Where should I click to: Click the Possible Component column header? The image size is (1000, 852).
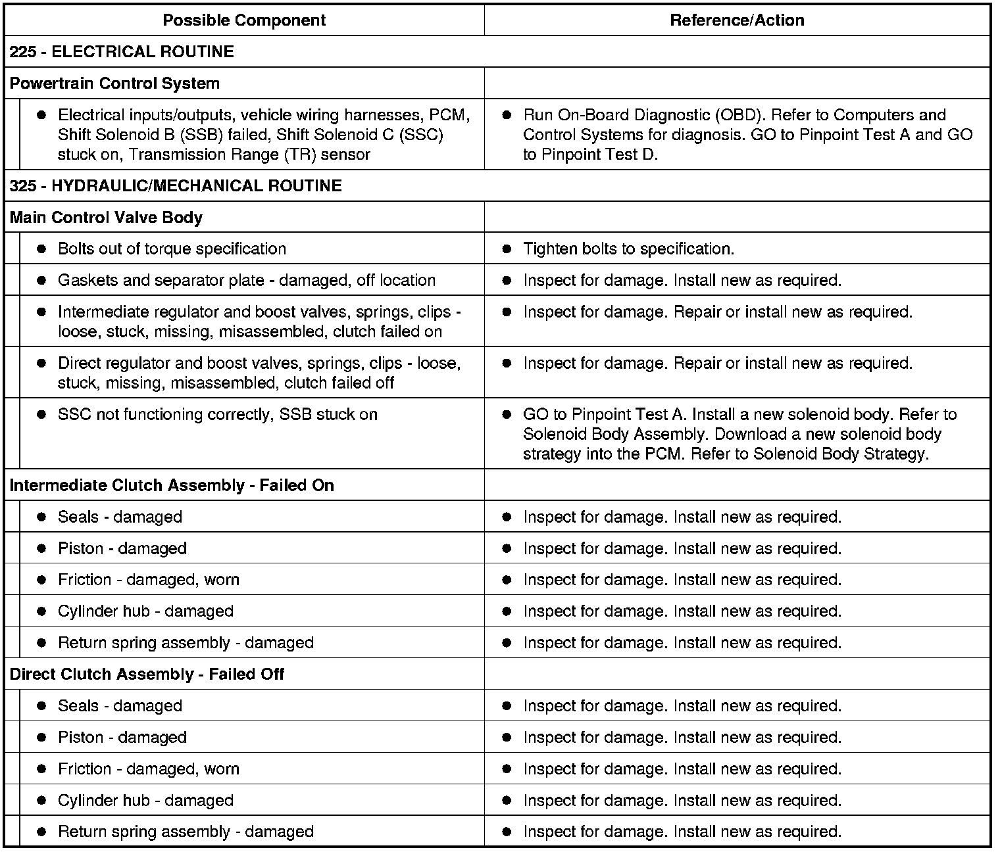244,20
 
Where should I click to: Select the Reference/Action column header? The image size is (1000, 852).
737,20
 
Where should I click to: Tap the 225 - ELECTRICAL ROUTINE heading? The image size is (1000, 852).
122,52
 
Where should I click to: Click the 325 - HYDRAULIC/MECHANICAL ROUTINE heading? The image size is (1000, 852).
176,186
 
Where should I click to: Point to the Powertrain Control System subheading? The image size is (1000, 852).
114,83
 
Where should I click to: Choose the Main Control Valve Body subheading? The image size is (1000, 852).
106,218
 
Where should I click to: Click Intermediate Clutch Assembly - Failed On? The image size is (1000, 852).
172,486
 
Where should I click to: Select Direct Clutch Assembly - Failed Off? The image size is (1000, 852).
147,674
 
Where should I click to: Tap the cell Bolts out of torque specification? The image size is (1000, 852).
172,249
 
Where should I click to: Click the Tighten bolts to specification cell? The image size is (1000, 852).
628,249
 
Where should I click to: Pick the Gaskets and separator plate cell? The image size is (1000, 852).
246,281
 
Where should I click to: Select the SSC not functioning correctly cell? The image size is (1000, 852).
217,415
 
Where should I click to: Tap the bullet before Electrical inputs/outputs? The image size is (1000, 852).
41,115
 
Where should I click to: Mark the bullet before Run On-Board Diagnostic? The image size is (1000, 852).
507,115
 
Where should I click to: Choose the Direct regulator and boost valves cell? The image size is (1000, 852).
259,373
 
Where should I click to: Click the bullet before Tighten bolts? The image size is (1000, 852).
507,249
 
